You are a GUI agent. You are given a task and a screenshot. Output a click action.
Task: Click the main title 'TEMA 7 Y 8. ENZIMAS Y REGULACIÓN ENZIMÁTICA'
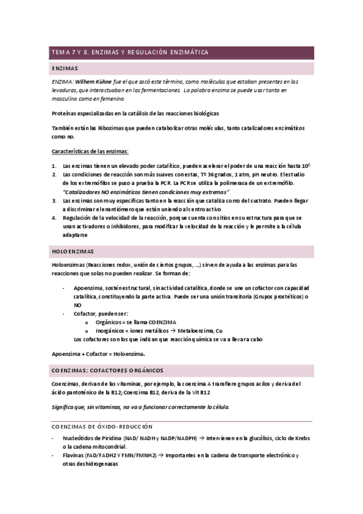[x=130, y=53]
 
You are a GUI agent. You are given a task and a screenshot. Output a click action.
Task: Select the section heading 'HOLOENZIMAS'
[x=72, y=251]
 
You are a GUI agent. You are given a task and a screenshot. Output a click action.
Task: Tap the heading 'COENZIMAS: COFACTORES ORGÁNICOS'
[x=107, y=370]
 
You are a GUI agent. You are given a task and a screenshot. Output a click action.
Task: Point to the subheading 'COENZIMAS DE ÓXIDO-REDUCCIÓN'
[x=101, y=427]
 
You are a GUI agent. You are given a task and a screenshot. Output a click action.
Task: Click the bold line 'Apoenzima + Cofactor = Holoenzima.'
[x=98, y=353]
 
